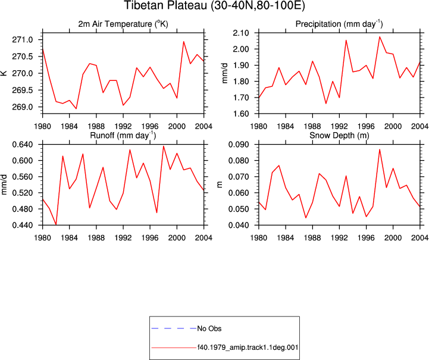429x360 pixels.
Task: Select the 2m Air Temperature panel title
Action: [x=123, y=24]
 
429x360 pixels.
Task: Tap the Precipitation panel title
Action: [x=339, y=24]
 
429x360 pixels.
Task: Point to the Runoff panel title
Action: [x=123, y=136]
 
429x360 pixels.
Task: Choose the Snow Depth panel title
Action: [x=339, y=136]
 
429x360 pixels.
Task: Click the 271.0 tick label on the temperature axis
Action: [x=23, y=40]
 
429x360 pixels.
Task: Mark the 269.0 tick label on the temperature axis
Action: [x=23, y=107]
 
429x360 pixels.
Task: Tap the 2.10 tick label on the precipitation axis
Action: [x=241, y=33]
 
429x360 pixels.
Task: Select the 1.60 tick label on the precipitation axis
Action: [x=241, y=114]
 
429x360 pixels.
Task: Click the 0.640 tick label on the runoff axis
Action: [x=23, y=145]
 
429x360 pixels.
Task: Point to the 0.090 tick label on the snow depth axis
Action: [x=239, y=145]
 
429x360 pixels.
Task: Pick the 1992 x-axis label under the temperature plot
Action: [x=123, y=126]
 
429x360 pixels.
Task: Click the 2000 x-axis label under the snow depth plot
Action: [x=393, y=238]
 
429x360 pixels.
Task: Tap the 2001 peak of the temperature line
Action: [x=184, y=42]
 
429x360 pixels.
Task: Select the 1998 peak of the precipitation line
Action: [x=380, y=37]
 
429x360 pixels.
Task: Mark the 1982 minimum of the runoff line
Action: [x=56, y=224]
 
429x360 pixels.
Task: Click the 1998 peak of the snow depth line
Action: [x=380, y=149]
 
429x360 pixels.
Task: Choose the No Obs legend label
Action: [x=209, y=328]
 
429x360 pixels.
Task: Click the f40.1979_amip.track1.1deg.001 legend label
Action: [x=248, y=348]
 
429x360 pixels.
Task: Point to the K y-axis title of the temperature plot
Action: [x=4, y=73]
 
